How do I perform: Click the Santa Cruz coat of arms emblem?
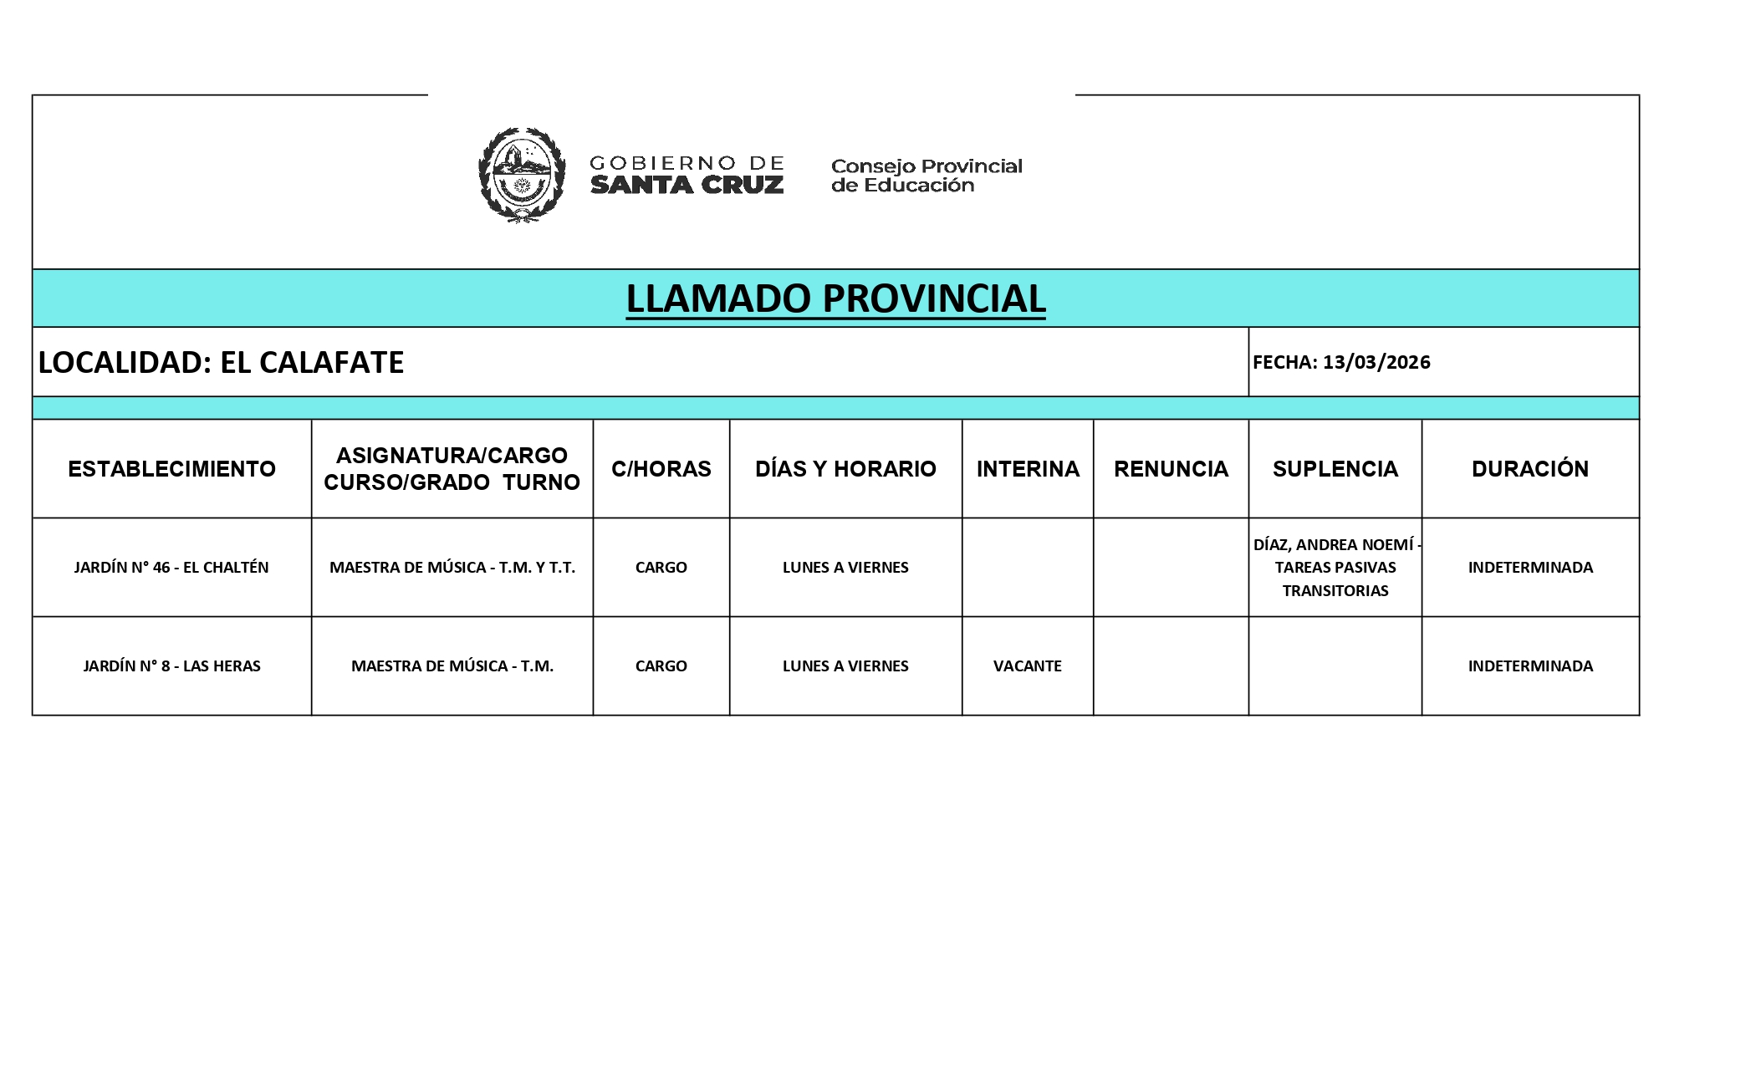521,175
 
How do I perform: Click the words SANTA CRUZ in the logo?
687,185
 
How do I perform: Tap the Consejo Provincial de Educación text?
926,176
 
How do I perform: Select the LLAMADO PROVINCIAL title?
835,298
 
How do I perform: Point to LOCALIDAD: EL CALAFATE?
221,362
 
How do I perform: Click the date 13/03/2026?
1376,362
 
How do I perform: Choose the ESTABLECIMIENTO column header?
171,468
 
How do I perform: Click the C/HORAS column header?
661,468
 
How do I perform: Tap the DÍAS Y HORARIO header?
845,468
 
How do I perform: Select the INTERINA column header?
1028,468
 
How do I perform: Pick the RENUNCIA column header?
1171,468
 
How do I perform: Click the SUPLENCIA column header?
1335,468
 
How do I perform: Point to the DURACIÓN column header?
1529,468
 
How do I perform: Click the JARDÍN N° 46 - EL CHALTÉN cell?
171,567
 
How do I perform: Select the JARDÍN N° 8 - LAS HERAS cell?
171,666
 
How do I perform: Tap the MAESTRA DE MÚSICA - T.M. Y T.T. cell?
452,567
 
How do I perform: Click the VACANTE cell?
1027,666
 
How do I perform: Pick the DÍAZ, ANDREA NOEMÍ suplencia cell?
1335,567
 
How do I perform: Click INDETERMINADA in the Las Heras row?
1530,666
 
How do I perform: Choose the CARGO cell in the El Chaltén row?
661,567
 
